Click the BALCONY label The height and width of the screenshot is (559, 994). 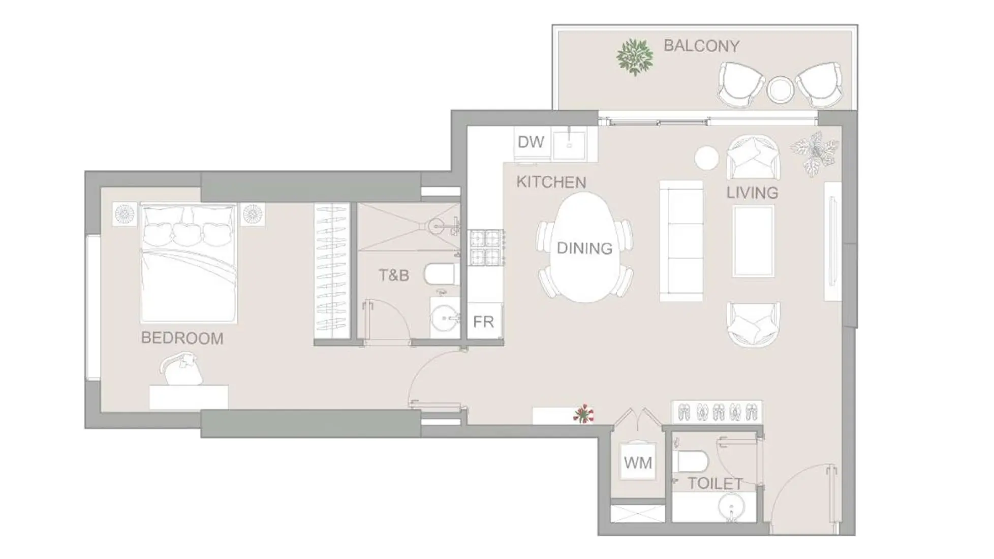click(x=701, y=46)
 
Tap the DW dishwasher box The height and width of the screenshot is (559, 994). click(x=531, y=142)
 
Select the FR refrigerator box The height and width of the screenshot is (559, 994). click(x=483, y=322)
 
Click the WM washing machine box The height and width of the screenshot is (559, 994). click(x=638, y=462)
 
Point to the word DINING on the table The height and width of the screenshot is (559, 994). click(x=584, y=248)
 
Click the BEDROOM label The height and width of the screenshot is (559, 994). click(x=182, y=338)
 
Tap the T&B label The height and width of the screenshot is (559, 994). click(x=394, y=275)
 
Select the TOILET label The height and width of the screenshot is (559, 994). click(x=715, y=483)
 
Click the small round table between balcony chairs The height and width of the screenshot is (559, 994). click(x=780, y=89)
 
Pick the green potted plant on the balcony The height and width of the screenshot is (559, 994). click(x=634, y=57)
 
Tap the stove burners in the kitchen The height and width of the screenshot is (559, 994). click(x=486, y=247)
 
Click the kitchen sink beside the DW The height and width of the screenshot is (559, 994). click(x=570, y=144)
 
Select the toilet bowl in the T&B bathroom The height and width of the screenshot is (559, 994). click(x=440, y=274)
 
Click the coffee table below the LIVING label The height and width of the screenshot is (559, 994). click(x=754, y=241)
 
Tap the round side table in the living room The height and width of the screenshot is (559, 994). click(x=706, y=158)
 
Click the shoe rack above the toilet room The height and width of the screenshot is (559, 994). click(x=717, y=411)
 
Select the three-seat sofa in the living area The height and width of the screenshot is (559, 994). click(x=681, y=241)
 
